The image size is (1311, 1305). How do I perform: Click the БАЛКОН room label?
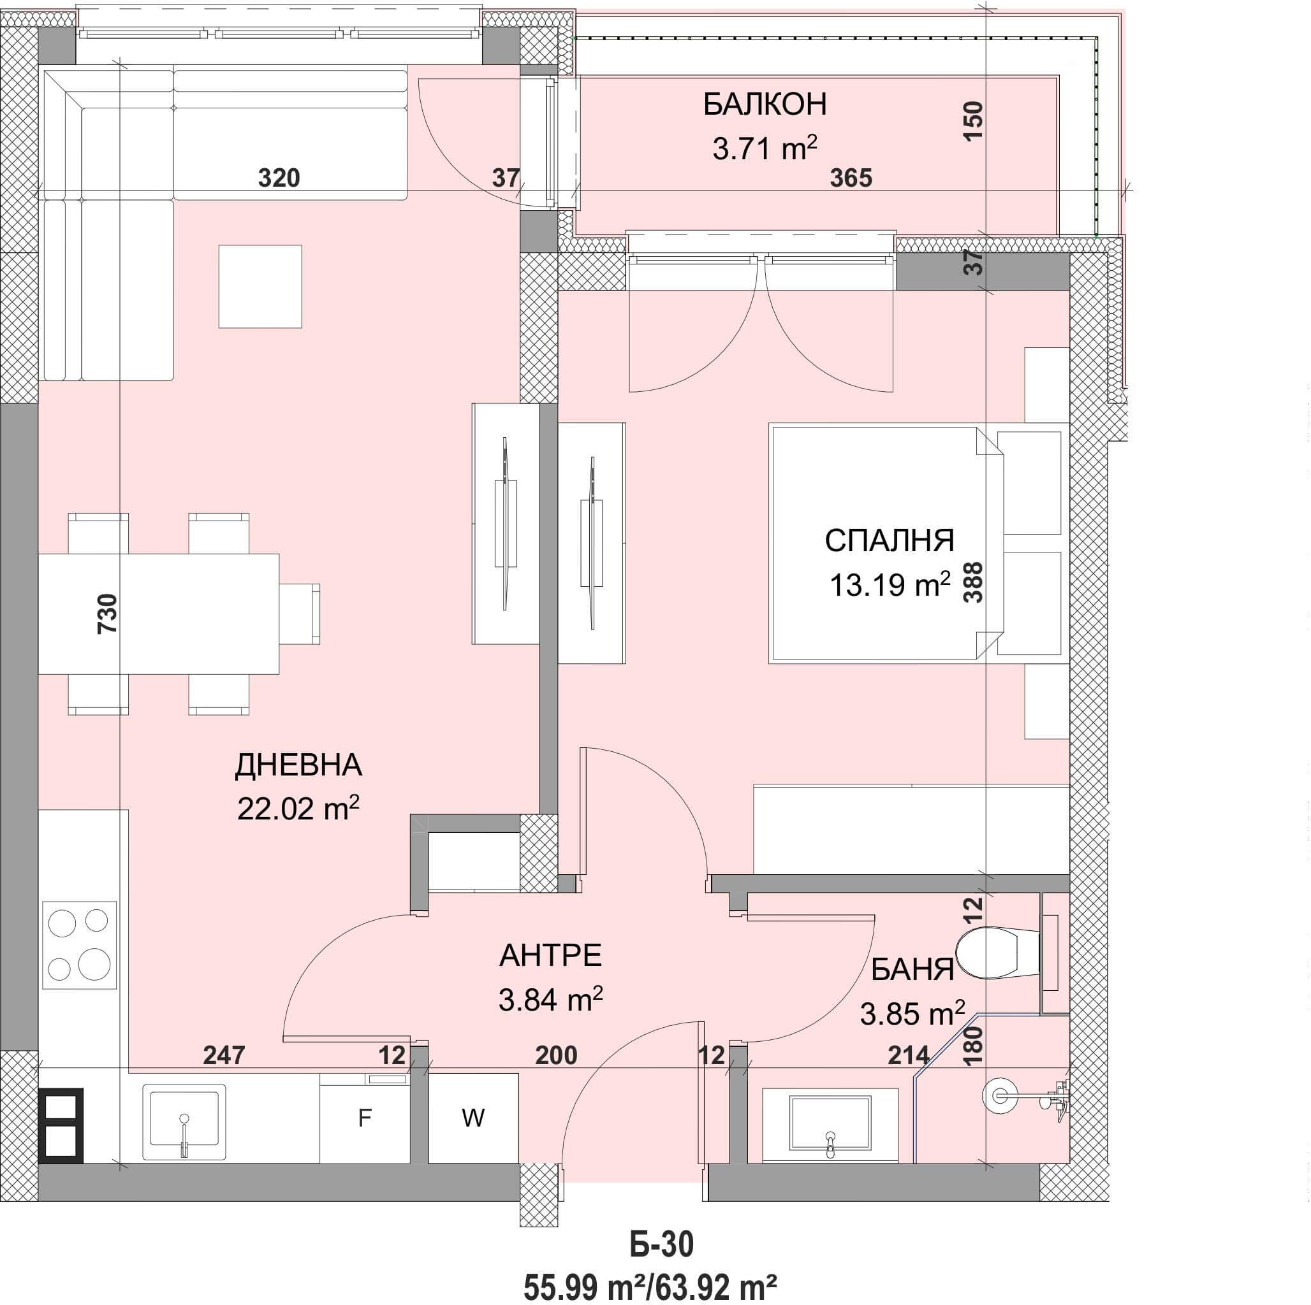[765, 105]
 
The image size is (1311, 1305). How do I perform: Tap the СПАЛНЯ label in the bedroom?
[890, 540]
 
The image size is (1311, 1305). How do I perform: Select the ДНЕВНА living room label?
[298, 765]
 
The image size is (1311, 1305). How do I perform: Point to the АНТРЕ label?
[550, 956]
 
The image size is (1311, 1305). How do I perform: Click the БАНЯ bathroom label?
[912, 970]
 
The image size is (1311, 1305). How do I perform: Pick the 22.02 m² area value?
[298, 809]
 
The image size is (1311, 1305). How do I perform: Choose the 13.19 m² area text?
[890, 584]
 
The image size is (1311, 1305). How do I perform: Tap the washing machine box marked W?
[473, 1118]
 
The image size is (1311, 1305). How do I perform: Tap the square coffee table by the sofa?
[260, 286]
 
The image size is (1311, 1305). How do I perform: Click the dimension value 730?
[108, 613]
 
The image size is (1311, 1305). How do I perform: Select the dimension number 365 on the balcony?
[851, 178]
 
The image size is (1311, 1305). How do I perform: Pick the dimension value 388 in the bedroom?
[973, 582]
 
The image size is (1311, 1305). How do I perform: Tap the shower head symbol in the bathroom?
[1002, 1094]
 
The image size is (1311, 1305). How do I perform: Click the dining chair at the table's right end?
[300, 613]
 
